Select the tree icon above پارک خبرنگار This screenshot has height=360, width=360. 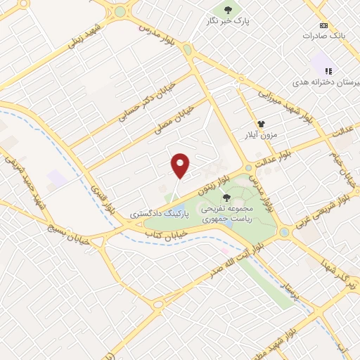227,9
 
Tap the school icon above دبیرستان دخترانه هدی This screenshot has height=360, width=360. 328,70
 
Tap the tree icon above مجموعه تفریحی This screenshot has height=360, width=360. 225,199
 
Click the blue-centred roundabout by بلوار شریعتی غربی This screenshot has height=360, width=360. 283,232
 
